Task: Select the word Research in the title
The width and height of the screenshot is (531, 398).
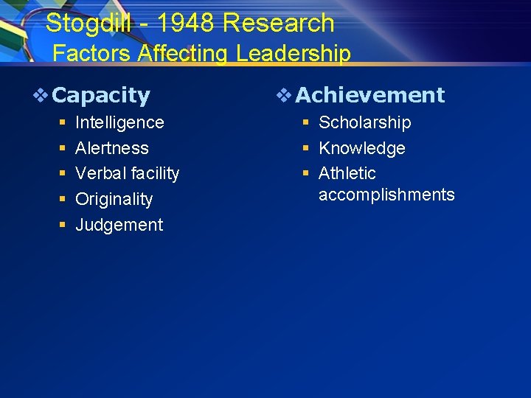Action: click(x=279, y=24)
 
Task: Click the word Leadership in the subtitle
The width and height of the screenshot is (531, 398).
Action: click(x=294, y=54)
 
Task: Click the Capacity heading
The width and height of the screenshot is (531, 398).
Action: click(x=102, y=96)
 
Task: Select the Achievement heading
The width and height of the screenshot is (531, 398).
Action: click(x=370, y=95)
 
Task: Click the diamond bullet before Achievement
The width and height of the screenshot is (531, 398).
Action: click(x=285, y=95)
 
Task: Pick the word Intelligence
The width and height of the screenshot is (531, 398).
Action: click(x=119, y=122)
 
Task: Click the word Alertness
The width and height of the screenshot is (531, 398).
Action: click(x=112, y=148)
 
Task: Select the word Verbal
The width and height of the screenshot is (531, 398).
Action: click(x=100, y=173)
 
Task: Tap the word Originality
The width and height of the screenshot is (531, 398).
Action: click(x=114, y=199)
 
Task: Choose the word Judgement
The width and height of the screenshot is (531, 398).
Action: click(x=119, y=225)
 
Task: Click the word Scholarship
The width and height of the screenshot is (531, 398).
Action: click(x=364, y=122)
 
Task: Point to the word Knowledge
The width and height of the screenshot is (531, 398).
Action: click(x=361, y=148)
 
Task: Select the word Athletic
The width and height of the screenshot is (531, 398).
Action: click(x=347, y=173)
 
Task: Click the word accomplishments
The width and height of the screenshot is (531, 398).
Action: click(x=386, y=195)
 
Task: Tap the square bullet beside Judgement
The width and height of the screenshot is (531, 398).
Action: click(x=63, y=225)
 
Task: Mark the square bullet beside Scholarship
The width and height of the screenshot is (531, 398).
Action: click(x=305, y=122)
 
